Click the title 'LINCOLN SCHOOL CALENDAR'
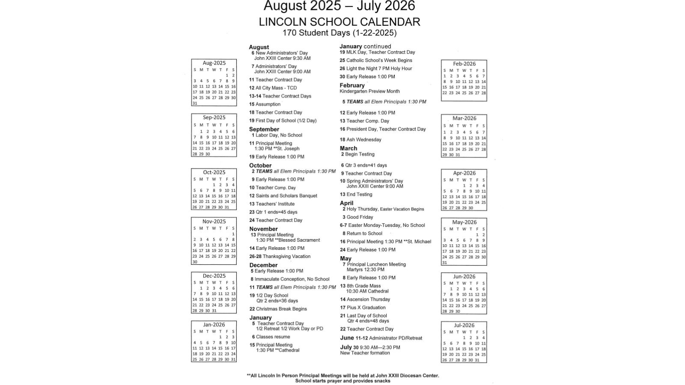pos(340,22)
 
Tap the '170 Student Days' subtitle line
pos(340,33)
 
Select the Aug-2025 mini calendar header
pos(214,63)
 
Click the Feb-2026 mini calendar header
pos(464,64)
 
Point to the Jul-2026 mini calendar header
pos(464,325)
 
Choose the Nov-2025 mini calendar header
pos(214,221)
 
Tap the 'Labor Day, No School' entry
pos(278,135)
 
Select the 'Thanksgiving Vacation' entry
pos(286,256)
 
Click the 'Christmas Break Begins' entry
pos(281,309)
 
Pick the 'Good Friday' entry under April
pos(359,217)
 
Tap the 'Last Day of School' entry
pos(366,316)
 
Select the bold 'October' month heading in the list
pos(260,166)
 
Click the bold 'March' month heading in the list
pos(348,148)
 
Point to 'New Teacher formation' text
pos(365,353)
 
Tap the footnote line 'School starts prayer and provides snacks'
pos(342,381)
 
